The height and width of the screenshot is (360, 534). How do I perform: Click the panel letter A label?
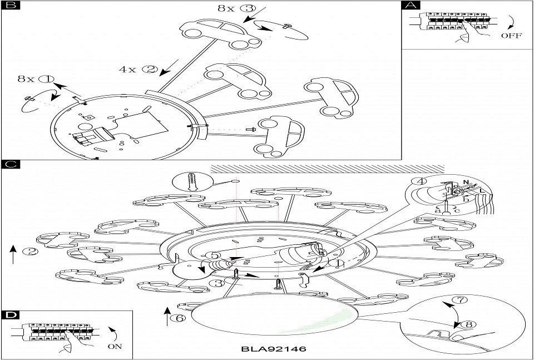411,6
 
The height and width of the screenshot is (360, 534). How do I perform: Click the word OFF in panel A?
512,36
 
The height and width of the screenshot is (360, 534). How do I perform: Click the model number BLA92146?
274,349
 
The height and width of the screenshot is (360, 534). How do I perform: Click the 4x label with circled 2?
139,70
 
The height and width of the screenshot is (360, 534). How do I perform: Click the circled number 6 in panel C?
177,318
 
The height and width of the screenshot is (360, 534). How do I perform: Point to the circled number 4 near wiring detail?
418,181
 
